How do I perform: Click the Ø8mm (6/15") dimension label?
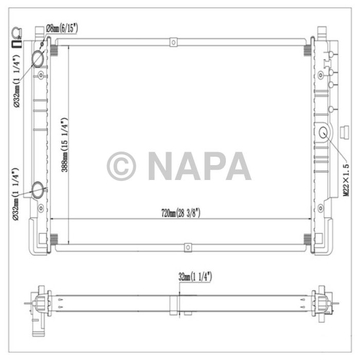[x=62, y=28]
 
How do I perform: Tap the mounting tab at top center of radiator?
[x=174, y=41]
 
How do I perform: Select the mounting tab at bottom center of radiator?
[x=188, y=248]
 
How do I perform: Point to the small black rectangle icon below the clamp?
[x=16, y=45]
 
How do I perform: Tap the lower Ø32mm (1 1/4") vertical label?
[x=16, y=194]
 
